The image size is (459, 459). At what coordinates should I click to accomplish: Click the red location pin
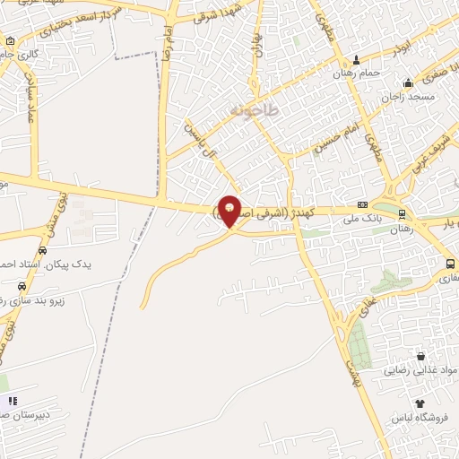(230, 209)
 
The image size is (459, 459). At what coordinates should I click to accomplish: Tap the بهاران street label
(259, 42)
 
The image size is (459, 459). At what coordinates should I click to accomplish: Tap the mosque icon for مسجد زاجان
(408, 82)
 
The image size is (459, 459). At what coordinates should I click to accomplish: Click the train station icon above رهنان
(402, 213)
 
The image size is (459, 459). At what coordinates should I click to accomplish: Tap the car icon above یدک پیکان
(42, 251)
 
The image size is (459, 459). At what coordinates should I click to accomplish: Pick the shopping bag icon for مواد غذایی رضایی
(420, 356)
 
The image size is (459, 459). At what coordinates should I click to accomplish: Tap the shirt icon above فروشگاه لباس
(418, 404)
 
